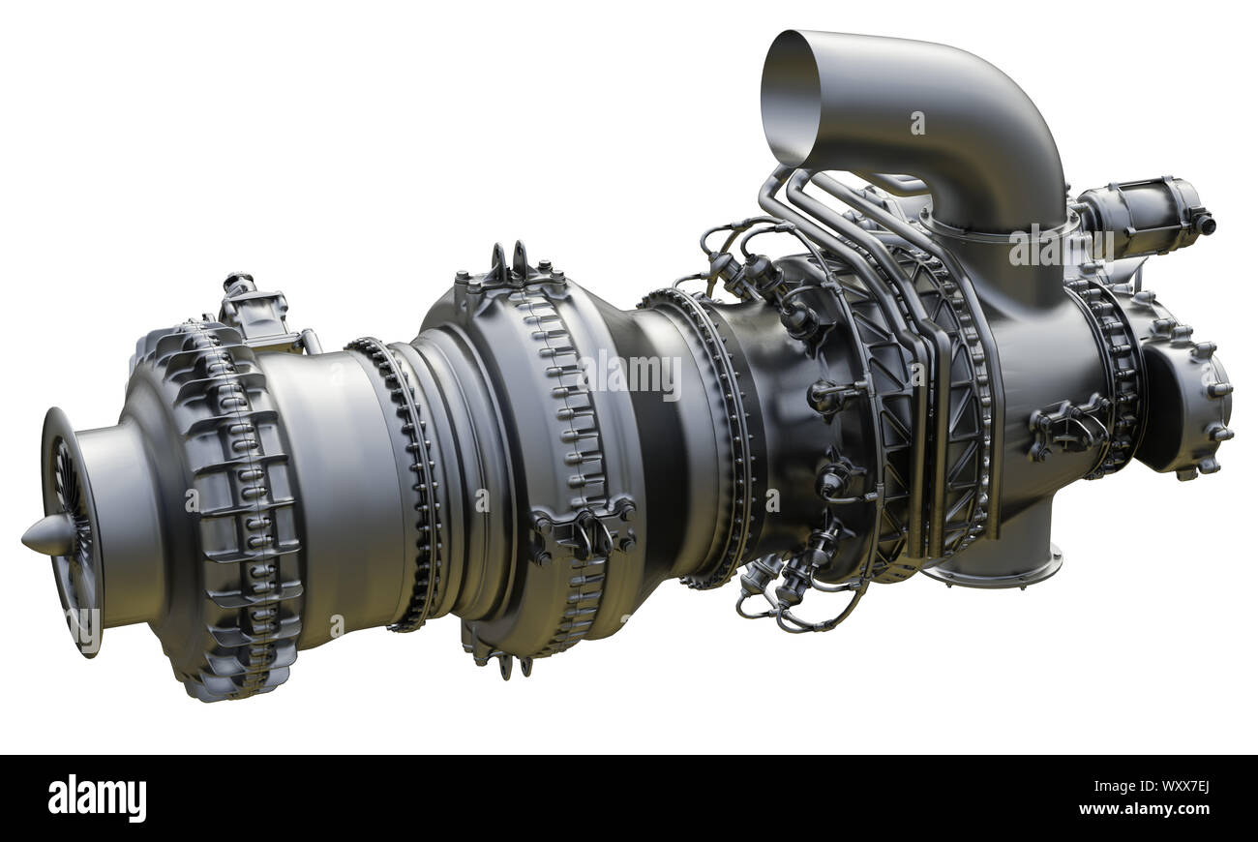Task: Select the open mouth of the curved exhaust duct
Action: tap(790, 96)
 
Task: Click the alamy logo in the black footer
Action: tap(97, 798)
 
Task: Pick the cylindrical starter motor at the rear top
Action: tap(1142, 218)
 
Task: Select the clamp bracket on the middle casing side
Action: tap(581, 532)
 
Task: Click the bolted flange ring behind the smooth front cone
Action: tap(411, 484)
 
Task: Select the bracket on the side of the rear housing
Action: tap(1069, 426)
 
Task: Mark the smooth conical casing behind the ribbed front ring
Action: tap(329, 484)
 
